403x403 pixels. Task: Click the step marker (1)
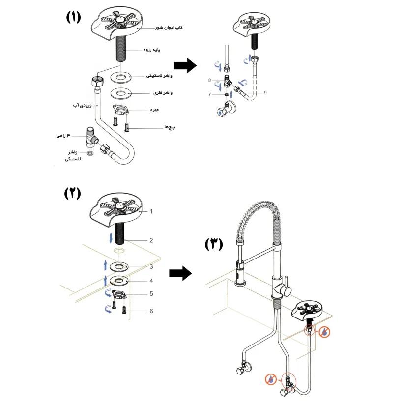click(x=73, y=18)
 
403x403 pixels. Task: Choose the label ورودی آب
click(x=81, y=105)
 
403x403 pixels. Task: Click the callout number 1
click(x=152, y=211)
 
